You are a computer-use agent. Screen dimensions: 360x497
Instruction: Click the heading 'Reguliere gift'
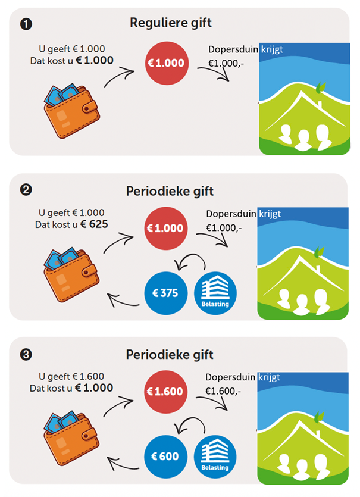(x=170, y=24)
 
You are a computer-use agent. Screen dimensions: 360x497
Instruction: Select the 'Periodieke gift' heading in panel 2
(x=170, y=192)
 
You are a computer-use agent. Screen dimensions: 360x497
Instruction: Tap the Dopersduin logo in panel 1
(x=304, y=101)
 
